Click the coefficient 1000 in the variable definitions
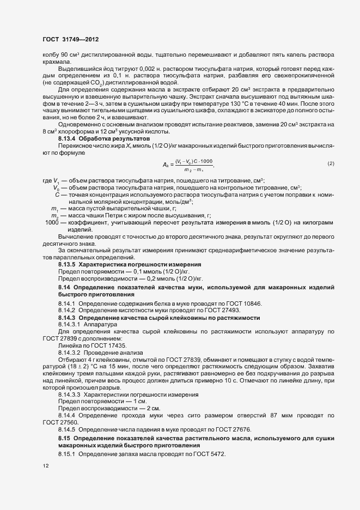tap(52, 222)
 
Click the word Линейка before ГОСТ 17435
tap(70, 346)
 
